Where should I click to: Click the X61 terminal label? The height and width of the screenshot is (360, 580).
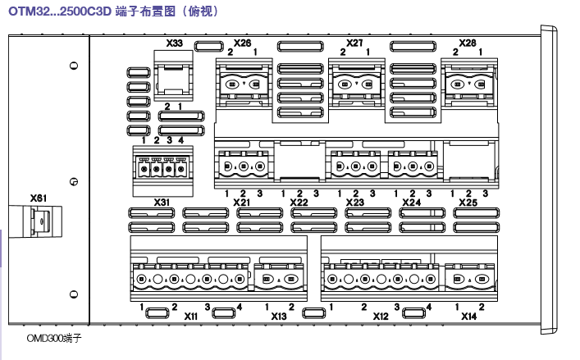(x=38, y=198)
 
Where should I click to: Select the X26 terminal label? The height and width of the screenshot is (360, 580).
(x=242, y=42)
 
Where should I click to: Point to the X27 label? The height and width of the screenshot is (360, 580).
(x=355, y=42)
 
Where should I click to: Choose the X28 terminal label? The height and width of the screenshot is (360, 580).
(x=467, y=42)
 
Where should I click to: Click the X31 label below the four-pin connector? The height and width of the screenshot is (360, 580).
(x=162, y=202)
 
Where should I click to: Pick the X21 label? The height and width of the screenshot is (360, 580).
(x=242, y=202)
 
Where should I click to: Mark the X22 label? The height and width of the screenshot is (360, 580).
(x=299, y=202)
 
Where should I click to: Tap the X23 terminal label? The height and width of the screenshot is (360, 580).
(x=355, y=202)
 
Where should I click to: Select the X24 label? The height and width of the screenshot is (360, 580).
(x=411, y=202)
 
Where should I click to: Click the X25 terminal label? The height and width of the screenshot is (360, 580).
(x=468, y=202)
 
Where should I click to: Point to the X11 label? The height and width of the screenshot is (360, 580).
(x=190, y=316)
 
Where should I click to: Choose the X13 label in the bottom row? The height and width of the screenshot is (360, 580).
(x=279, y=316)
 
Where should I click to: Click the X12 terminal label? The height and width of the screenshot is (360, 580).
(x=380, y=316)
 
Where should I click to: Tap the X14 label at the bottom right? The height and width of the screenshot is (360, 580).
(x=468, y=316)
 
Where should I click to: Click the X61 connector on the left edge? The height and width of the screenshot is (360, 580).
(x=39, y=223)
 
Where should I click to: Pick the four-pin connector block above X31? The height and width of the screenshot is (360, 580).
(x=162, y=169)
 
